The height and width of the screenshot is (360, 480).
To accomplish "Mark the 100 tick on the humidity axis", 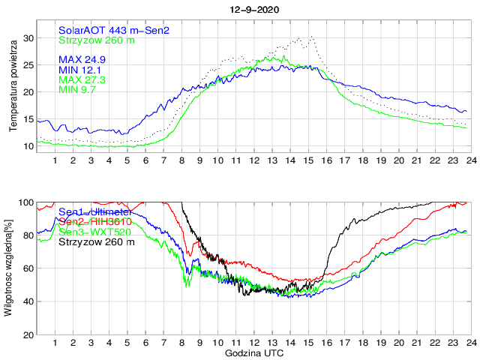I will click(x=25, y=202).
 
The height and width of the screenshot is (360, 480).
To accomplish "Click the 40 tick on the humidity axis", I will click(x=27, y=301).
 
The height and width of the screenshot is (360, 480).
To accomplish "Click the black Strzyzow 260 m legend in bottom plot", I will click(x=97, y=242).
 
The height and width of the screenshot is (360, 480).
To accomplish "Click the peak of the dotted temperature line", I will click(x=311, y=35).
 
